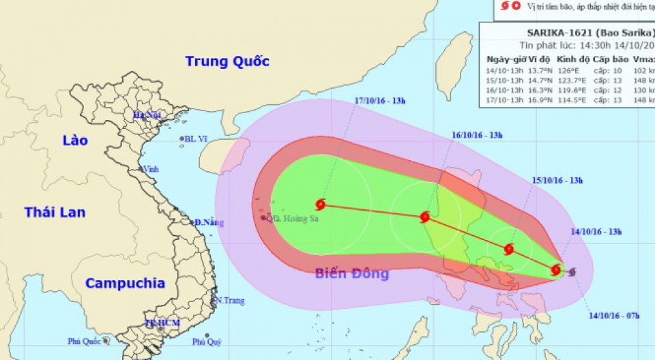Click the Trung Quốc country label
[x=227, y=61]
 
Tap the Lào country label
[x=75, y=140]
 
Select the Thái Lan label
[x=55, y=212]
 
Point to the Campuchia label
[x=126, y=283]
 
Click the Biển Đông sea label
[x=352, y=274]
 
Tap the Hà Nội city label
[x=147, y=115]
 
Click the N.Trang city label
[x=229, y=300]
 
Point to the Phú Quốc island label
[x=84, y=341]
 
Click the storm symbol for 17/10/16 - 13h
[x=321, y=203]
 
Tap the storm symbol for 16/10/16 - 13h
[x=424, y=217]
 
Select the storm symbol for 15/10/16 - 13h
[x=508, y=249]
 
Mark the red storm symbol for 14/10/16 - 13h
[x=557, y=270]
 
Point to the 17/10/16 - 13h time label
[x=380, y=102]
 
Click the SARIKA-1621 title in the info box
[x=560, y=31]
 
